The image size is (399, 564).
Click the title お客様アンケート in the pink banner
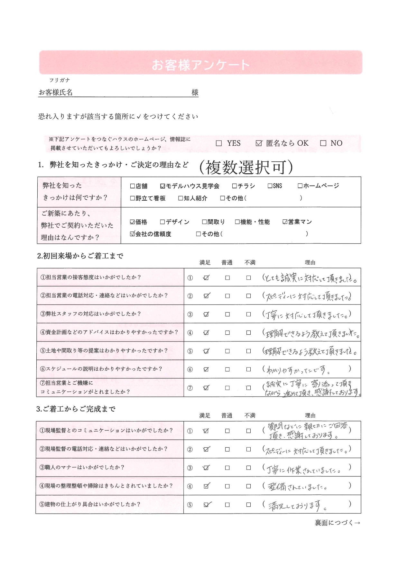pos(200,65)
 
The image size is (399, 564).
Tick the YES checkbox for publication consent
pos(219,143)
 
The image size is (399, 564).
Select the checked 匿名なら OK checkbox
pos(259,143)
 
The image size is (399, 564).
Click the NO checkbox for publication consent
pos(323,143)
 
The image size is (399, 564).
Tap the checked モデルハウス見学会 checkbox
pos(162,186)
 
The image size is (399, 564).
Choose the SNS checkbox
pos(270,186)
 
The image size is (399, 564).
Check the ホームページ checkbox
pos(300,186)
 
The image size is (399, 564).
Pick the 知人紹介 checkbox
pos(181,198)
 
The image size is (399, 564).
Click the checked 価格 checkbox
pos(132,222)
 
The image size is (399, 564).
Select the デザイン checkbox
pos(162,222)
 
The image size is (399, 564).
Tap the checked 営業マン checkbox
pos(285,222)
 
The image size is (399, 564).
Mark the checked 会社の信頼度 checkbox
pos(132,234)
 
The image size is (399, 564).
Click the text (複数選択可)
pos(246,167)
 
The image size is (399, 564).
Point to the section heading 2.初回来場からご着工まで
pos(80,256)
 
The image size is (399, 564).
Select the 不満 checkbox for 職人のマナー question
pos(248,468)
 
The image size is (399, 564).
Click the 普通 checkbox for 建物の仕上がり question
pos(227,505)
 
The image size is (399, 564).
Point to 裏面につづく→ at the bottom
pos(337,523)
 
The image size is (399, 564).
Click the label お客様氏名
pos(56,93)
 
